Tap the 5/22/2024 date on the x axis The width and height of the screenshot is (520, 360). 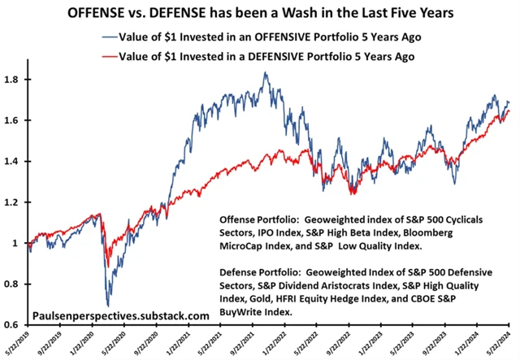(511, 343)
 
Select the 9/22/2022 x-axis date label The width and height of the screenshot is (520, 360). (349, 343)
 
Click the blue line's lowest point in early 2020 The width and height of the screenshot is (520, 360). (108, 305)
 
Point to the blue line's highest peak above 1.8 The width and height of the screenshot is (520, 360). (265, 73)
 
